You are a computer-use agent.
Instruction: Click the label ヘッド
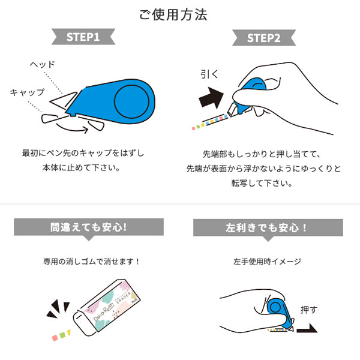click(42, 64)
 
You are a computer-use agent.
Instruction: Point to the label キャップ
click(27, 92)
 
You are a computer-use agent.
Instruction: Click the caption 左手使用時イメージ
click(268, 262)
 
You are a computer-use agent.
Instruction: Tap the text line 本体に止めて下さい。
click(88, 167)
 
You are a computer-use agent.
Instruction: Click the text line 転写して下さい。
click(264, 184)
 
